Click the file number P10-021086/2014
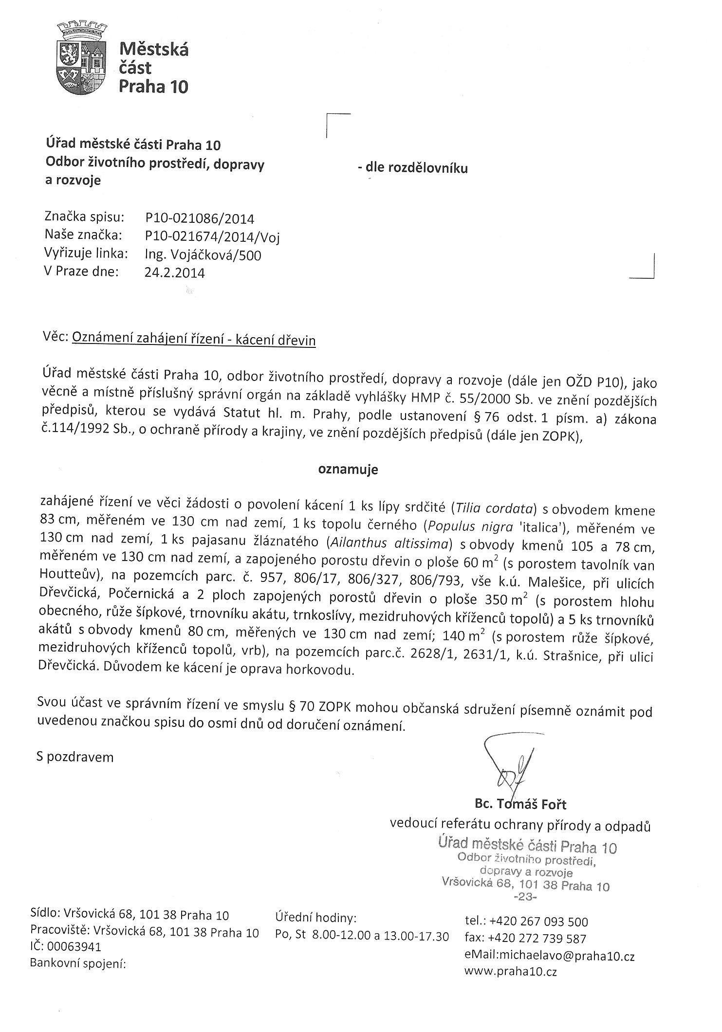coord(200,219)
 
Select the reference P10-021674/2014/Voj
coord(212,237)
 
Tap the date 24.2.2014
coord(175,272)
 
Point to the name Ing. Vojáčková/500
coord(203,255)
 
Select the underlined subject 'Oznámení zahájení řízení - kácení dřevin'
coord(194,340)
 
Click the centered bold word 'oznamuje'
coord(348,470)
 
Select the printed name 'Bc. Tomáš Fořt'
coord(521,804)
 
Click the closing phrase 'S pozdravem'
coord(75,757)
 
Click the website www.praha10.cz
coord(511,972)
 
